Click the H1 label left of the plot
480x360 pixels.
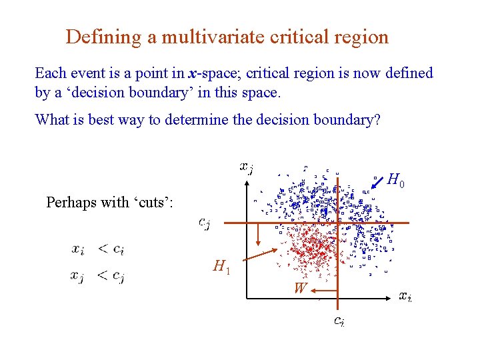pyautogui.click(x=221, y=267)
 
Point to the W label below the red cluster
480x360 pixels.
pyautogui.click(x=301, y=289)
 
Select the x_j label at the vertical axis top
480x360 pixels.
pyautogui.click(x=247, y=167)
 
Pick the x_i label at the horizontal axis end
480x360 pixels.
pyautogui.click(x=405, y=296)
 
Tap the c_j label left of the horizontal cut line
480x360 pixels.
pyautogui.click(x=204, y=223)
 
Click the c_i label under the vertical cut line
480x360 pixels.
pyautogui.click(x=339, y=321)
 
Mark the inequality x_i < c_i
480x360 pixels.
pyautogui.click(x=98, y=250)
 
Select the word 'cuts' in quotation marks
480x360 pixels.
pyautogui.click(x=153, y=202)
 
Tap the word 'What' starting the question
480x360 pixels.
pyautogui.click(x=51, y=120)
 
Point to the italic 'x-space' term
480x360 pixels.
pyautogui.click(x=212, y=73)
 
